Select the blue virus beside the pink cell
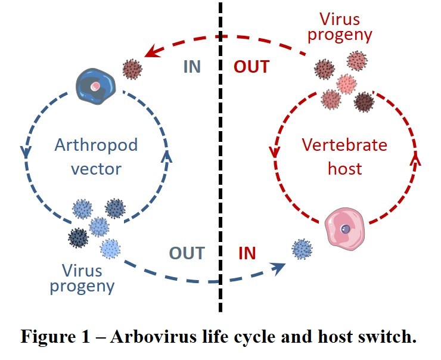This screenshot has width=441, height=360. [302, 250]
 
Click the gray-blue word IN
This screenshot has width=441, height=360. [192, 66]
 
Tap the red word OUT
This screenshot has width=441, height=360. [251, 66]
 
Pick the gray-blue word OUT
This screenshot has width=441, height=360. [187, 253]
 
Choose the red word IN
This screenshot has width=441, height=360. [247, 253]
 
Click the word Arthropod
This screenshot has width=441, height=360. [97, 145]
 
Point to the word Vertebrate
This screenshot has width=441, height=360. [344, 145]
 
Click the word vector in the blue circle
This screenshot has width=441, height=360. [96, 169]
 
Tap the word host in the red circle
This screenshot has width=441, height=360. [344, 169]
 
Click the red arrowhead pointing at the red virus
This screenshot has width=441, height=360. [151, 52]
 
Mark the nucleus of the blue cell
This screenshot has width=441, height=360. [95, 86]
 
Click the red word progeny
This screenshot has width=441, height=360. [340, 35]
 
